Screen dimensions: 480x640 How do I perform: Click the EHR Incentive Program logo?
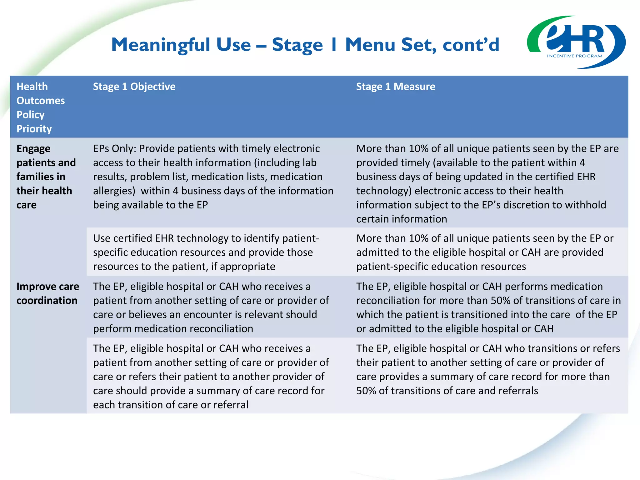576,42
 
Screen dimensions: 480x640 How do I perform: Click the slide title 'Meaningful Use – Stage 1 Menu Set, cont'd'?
305,45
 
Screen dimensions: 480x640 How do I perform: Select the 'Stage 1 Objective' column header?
134,87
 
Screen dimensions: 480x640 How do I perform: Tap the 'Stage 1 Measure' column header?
395,87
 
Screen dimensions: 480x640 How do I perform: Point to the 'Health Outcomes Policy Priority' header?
40,107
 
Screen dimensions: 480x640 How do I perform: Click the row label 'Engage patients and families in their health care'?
46,177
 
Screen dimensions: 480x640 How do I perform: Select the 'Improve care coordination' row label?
47,293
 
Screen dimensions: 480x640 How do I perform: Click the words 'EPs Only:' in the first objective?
114,149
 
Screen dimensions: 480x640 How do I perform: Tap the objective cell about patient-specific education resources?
206,252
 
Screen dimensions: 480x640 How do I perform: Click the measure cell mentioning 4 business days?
487,183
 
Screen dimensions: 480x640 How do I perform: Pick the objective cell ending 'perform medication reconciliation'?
211,307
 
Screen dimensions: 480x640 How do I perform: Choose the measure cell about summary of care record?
488,369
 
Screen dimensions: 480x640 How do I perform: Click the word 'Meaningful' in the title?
161,45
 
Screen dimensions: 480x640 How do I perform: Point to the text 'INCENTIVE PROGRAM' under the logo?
574,56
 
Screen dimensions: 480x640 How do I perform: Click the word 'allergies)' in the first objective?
114,191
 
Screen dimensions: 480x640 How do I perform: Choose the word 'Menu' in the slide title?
370,45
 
